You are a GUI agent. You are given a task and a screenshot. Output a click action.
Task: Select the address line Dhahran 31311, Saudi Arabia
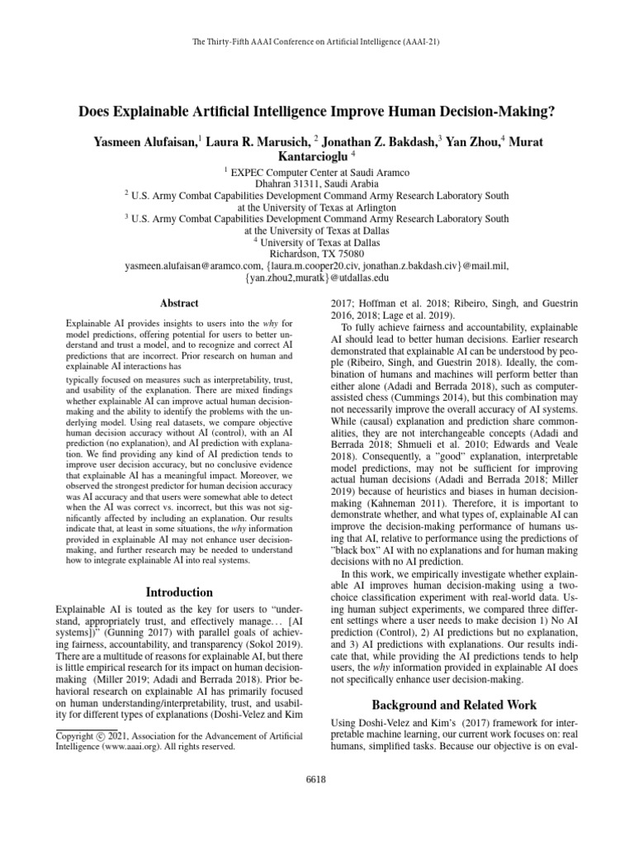click(316, 183)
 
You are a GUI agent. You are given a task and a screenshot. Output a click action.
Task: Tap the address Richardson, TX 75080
click(316, 254)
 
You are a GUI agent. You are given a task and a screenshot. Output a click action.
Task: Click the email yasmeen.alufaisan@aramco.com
click(195, 266)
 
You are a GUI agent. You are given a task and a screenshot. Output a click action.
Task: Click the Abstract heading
click(177, 304)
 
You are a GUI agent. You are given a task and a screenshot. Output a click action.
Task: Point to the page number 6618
click(317, 779)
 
